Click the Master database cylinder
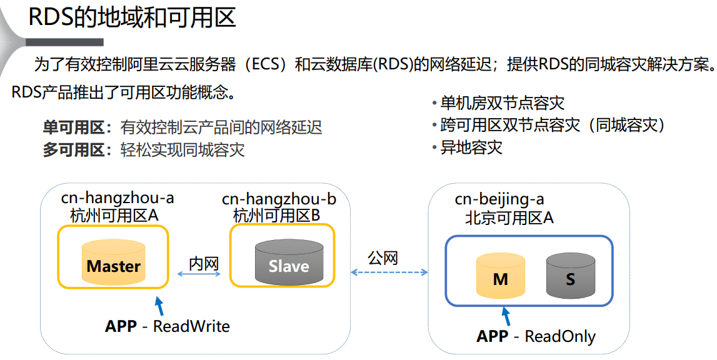tap(113, 262)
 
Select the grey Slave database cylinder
tap(289, 263)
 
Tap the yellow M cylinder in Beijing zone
tap(500, 276)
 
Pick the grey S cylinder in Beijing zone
tap(569, 276)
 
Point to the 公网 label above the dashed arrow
tap(383, 257)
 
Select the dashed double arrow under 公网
tap(389, 272)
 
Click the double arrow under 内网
tap(205, 274)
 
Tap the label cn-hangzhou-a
tap(118, 198)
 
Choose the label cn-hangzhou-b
tap(279, 199)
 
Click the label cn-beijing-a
tap(499, 199)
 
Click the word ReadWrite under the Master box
tap(191, 326)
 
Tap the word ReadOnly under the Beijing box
tap(560, 336)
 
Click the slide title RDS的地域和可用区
tap(133, 17)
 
